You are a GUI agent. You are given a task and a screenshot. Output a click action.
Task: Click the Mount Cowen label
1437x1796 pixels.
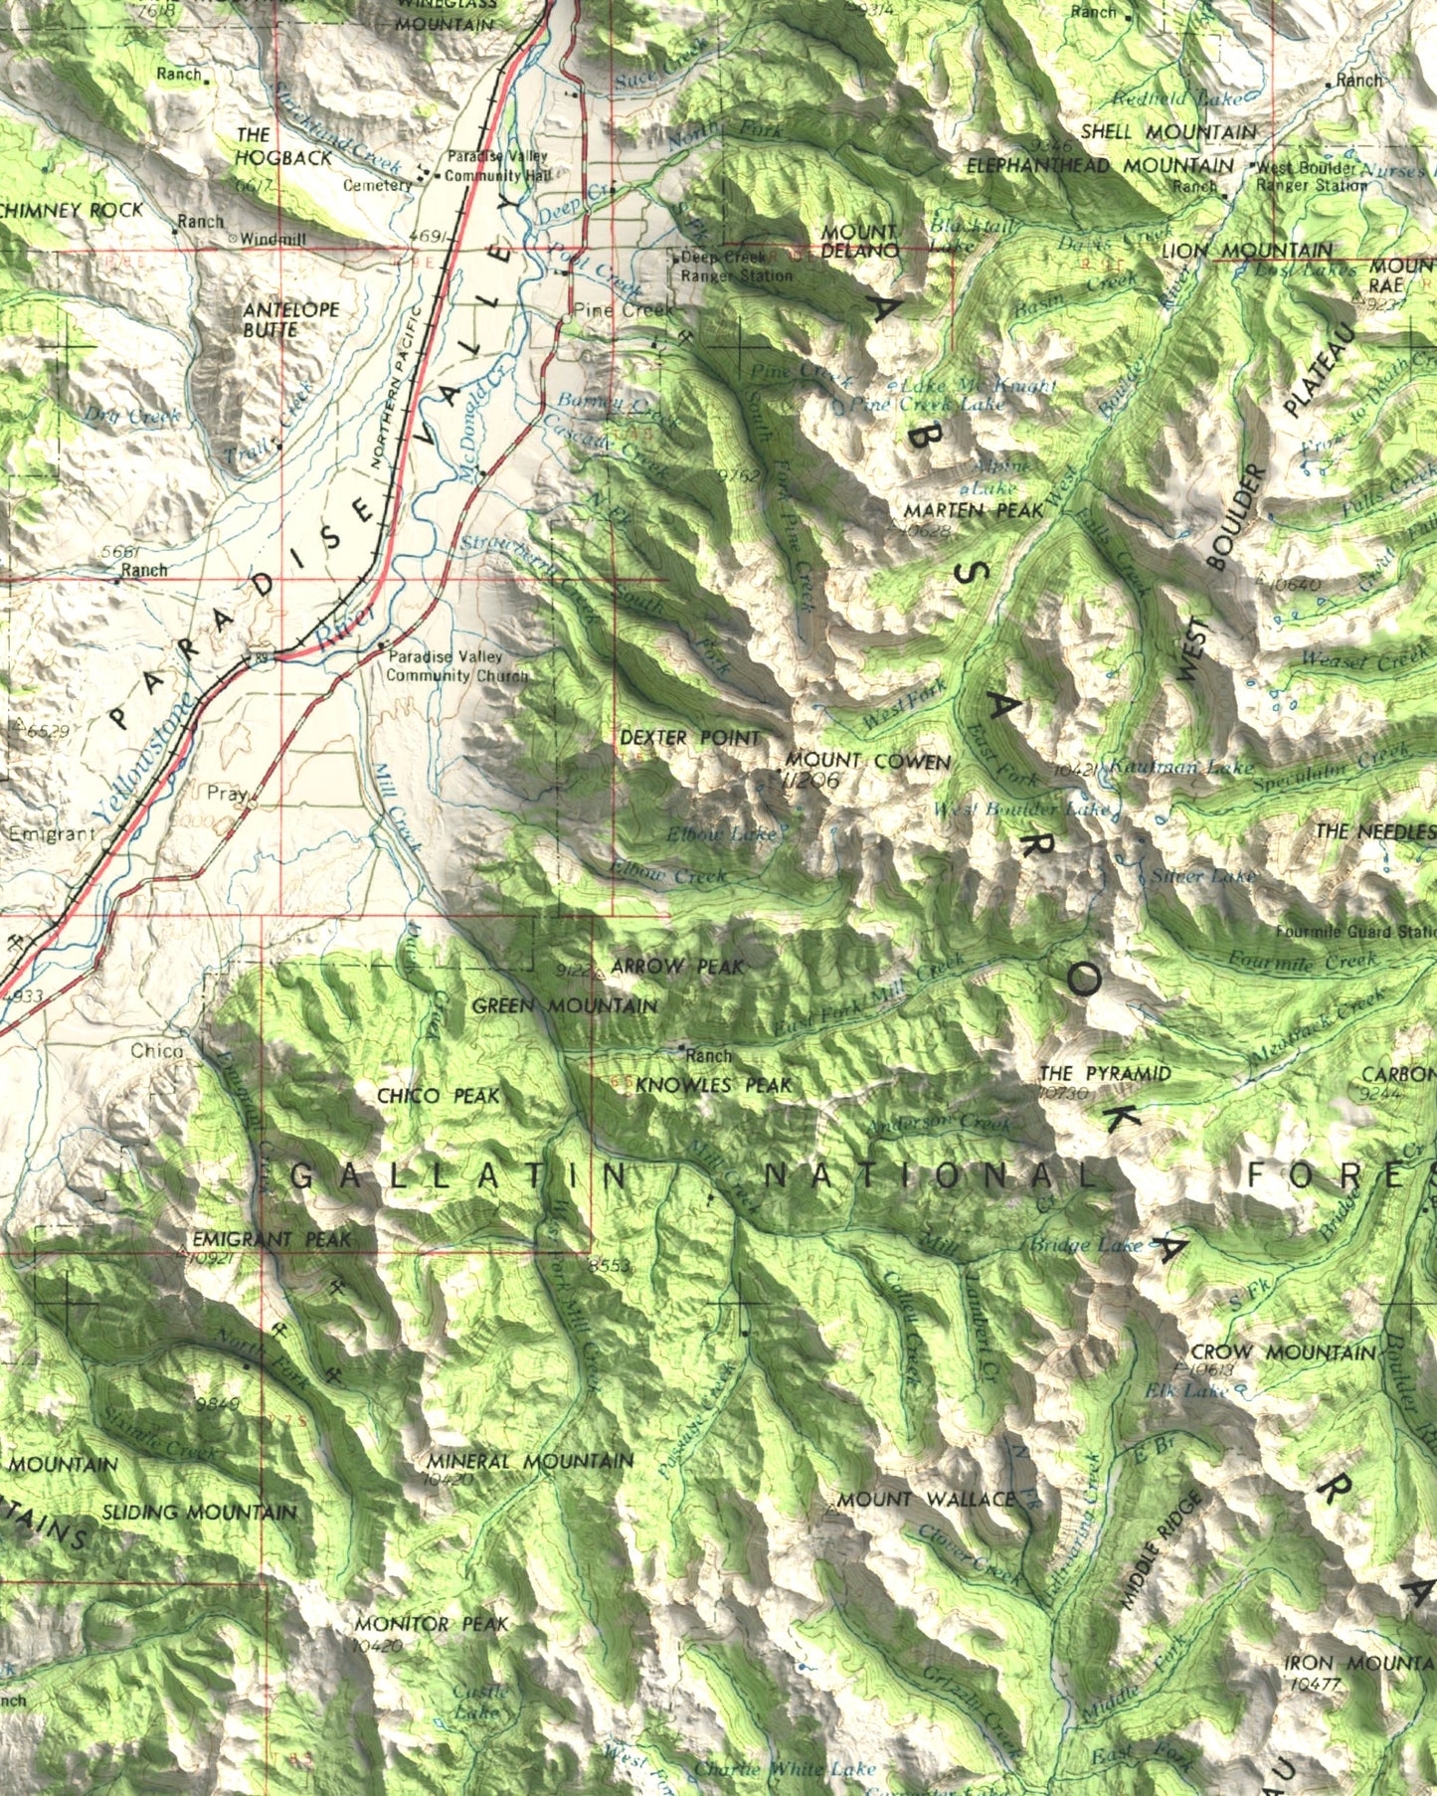coord(867,762)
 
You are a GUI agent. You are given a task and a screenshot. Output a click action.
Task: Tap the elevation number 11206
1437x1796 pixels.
coord(810,782)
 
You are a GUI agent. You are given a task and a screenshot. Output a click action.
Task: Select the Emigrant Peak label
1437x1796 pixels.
coord(271,1239)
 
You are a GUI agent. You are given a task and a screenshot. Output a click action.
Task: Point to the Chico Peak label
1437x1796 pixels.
coord(439,1096)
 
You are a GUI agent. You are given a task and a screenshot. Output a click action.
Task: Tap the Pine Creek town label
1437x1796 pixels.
coord(623,309)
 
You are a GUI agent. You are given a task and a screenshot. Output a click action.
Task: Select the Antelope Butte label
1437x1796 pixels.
coord(290,319)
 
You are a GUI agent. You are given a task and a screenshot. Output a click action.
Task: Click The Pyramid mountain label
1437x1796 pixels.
coord(1105,1074)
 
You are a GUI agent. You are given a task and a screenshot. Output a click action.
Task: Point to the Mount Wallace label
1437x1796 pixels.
coord(926,1499)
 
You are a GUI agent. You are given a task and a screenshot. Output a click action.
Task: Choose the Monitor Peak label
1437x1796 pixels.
coord(432,1624)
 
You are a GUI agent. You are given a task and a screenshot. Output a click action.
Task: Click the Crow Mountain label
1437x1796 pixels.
coord(1283,1352)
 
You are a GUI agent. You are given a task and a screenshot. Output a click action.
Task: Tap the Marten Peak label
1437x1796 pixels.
coord(974,510)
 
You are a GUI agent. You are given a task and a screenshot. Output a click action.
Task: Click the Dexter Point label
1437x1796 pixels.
coord(689,738)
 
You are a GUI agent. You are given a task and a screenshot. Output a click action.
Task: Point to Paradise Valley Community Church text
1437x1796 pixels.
coord(456,666)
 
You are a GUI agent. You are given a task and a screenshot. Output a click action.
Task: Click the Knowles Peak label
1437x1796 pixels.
coord(713,1085)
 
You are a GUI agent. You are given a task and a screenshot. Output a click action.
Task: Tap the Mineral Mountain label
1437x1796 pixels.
coord(530,1461)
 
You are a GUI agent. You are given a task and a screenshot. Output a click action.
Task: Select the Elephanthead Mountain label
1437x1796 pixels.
coord(1100,165)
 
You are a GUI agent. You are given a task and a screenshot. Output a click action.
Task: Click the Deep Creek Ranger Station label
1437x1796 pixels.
coord(736,267)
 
